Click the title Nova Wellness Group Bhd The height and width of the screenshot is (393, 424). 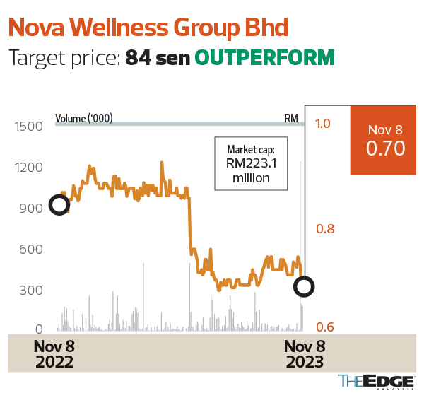pos(148,28)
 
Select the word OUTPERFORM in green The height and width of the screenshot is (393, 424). pos(264,58)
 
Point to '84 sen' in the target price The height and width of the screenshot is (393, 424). pos(158,58)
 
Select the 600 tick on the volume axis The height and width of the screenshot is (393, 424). pos(30,249)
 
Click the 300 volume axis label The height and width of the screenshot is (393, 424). pos(30,290)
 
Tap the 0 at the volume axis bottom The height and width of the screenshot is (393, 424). pos(40,329)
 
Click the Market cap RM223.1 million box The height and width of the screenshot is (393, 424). pos(251,164)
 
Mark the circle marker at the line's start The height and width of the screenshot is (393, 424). pos(59,205)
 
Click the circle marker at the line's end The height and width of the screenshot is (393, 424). pos(304,286)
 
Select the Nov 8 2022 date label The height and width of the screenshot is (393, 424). pos(54,353)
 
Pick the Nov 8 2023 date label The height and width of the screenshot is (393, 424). pos(305,353)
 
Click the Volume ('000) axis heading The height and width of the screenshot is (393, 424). pos(84,118)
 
